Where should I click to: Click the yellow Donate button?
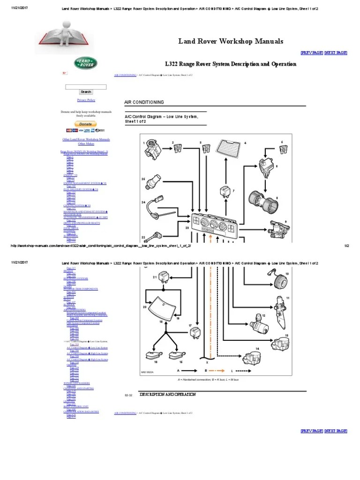pos(86,124)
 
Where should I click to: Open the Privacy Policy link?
pos(86,100)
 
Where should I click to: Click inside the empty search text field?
pos(86,87)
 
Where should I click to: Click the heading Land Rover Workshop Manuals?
pos(230,41)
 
